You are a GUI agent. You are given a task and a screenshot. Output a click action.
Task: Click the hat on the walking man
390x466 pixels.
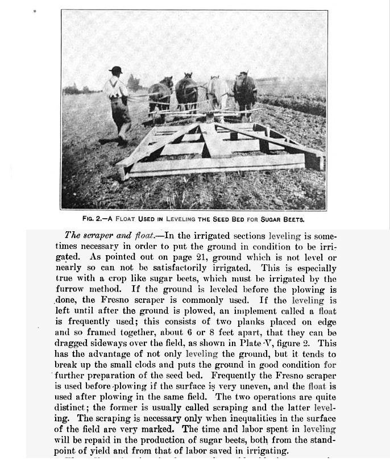click(116, 70)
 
